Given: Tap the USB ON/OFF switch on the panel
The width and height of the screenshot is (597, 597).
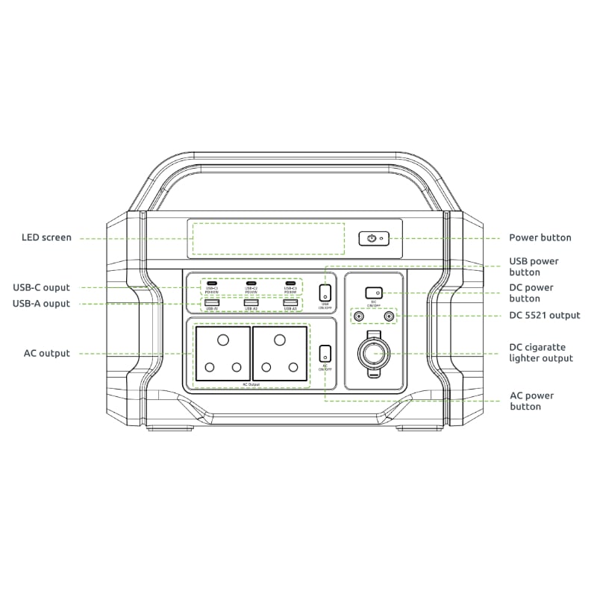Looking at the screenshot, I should point(325,293).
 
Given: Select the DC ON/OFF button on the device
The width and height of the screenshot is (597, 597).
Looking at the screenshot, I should point(374,293).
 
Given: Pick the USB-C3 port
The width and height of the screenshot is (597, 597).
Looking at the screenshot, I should point(290,284).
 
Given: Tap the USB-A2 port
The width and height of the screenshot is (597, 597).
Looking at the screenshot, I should point(251,302).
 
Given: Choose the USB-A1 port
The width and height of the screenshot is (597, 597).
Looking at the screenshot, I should point(211,302).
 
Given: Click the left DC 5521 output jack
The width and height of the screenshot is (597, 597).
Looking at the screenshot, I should point(359,316).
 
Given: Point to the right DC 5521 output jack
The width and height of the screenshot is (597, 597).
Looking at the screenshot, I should point(388,316).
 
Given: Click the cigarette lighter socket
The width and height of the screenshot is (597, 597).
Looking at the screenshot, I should point(373,352).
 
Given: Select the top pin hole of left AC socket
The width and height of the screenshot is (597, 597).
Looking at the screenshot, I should point(222,340).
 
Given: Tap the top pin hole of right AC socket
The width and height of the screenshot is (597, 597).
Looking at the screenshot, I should point(280,340).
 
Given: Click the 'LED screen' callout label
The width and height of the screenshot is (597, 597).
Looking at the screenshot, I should point(46,238).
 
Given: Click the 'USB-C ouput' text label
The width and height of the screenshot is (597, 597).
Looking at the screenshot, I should point(41,287).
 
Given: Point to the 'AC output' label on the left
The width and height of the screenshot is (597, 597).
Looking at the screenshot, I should point(46,353).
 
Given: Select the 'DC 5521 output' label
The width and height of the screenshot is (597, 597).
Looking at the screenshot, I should point(544,316).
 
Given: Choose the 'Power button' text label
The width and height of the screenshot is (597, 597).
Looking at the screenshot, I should point(540,238).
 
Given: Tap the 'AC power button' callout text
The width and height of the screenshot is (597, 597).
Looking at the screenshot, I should point(531,401).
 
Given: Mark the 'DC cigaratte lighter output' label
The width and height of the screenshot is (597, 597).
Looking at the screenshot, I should point(541,353).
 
